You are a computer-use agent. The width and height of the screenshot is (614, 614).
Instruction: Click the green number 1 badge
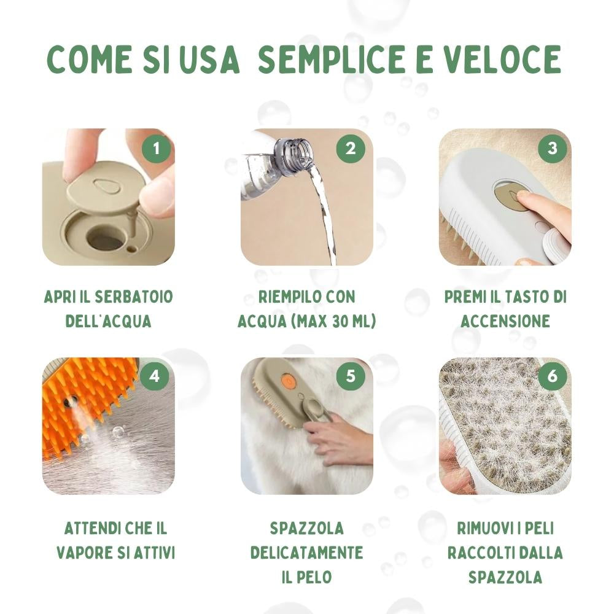point(156,149)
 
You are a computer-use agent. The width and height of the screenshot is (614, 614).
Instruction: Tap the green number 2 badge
point(351,149)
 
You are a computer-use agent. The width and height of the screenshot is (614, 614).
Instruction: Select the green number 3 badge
point(553,149)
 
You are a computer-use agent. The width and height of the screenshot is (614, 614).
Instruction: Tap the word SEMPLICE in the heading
point(332,59)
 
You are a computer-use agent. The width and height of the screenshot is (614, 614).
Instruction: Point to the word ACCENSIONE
point(505,322)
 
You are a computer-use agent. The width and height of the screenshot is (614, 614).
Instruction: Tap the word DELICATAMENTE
point(306,553)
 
